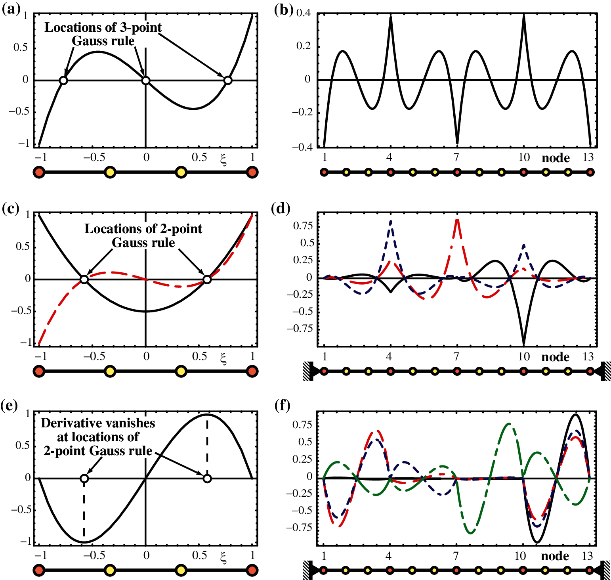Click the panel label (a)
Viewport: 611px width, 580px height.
click(11, 9)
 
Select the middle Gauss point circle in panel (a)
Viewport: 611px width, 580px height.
click(146, 80)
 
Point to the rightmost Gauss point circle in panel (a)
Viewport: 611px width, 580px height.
click(227, 80)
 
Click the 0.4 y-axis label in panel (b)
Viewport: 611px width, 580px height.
click(304, 13)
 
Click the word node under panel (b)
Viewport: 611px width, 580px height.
click(556, 158)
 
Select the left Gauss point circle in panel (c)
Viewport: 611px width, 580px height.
click(84, 279)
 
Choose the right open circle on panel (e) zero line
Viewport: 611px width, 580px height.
click(207, 479)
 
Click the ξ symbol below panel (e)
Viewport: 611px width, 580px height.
click(223, 558)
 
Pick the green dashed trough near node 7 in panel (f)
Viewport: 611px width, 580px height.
click(470, 532)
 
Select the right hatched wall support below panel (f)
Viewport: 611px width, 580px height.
click(606, 570)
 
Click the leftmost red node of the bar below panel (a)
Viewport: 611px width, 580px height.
click(39, 172)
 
